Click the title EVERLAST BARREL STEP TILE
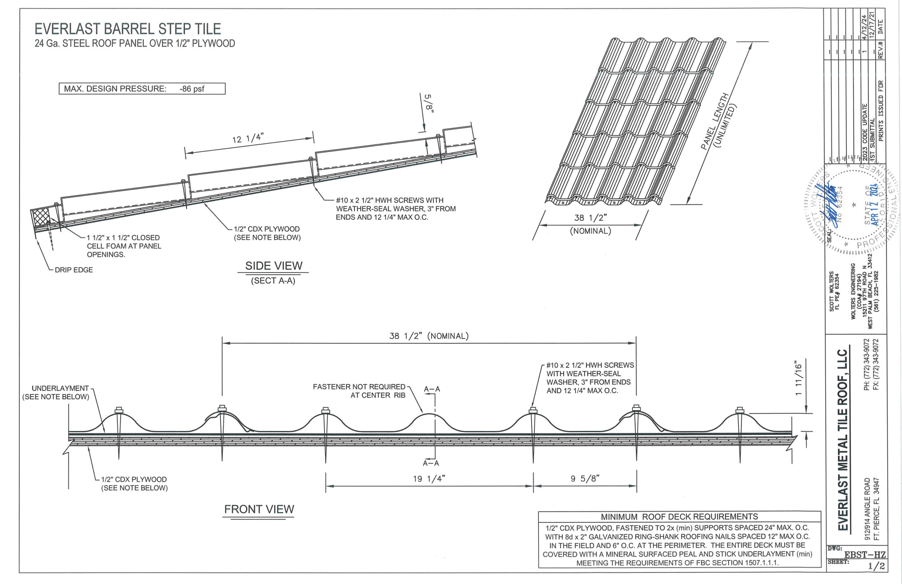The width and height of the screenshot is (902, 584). (128, 29)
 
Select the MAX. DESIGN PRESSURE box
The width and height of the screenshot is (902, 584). (142, 89)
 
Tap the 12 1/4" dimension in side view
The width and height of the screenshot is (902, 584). (247, 138)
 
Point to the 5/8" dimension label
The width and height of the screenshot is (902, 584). (428, 103)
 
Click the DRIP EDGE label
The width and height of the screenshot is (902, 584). (74, 270)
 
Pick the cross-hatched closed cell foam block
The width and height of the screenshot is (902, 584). (41, 217)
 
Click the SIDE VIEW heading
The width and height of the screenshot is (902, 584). (274, 266)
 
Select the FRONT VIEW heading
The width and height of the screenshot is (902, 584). (259, 509)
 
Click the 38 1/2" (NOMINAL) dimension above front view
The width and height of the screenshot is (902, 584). (429, 336)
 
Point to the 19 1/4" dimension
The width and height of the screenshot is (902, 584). (429, 478)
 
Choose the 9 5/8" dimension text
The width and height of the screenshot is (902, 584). (584, 478)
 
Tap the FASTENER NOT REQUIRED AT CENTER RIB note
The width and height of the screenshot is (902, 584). (359, 391)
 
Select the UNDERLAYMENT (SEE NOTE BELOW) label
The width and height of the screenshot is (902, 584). (56, 392)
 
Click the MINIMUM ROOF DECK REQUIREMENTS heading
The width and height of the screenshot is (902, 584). (679, 517)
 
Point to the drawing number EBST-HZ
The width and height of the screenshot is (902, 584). (864, 555)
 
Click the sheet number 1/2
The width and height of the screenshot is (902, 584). (876, 566)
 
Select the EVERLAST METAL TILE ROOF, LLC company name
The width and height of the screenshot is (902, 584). (842, 439)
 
